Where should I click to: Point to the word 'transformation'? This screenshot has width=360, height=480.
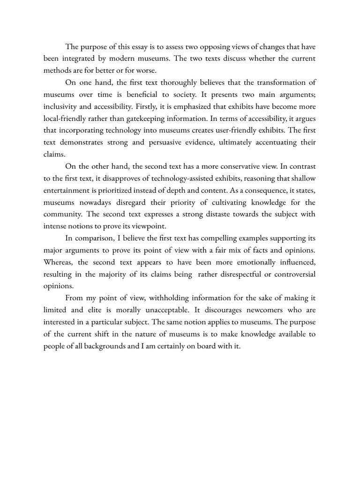(277, 82)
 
